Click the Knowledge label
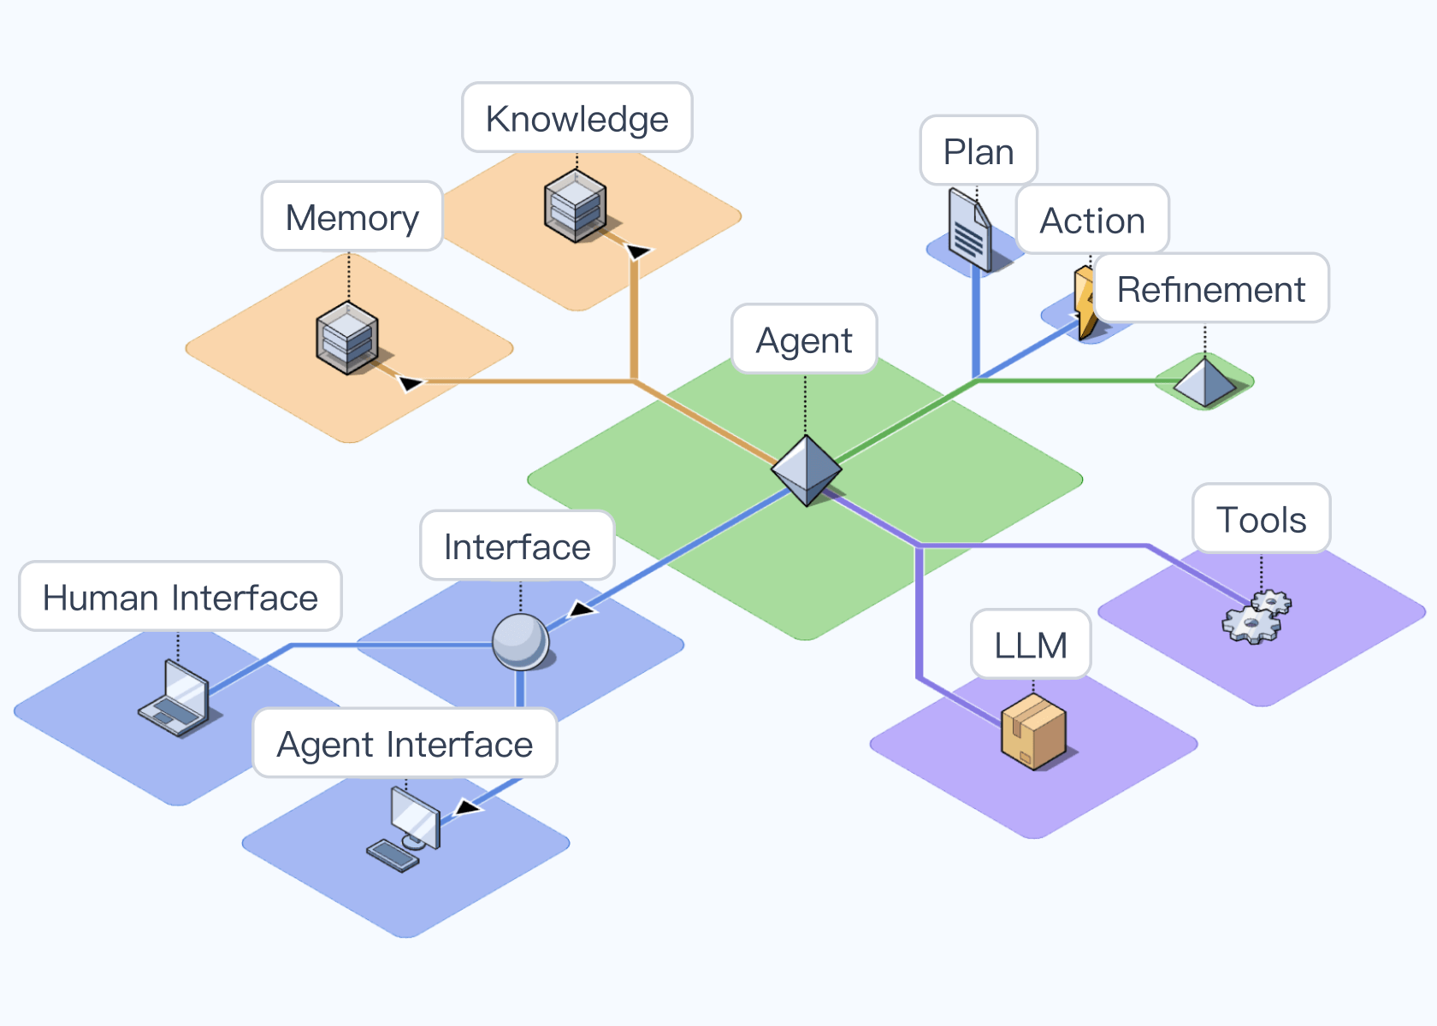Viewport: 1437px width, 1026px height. coord(577,118)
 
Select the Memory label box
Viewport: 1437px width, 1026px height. coord(352,216)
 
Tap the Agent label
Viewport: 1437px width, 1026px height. coord(804,339)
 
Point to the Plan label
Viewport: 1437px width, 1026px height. coord(979,151)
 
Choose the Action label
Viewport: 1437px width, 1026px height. coord(1092,220)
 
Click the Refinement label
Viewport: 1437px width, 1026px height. coord(1211,289)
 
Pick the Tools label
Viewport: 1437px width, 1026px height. coord(1262,519)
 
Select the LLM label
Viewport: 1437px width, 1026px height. coord(1031,644)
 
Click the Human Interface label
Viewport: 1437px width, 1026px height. coord(180,597)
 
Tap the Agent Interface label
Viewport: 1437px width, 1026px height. coord(405,744)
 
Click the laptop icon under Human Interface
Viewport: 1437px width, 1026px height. coord(176,699)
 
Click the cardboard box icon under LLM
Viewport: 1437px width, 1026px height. coord(1034,732)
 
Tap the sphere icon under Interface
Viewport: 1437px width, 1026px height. coord(520,641)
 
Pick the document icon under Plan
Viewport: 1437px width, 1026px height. coord(969,230)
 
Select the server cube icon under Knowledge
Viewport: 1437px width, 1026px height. coord(576,205)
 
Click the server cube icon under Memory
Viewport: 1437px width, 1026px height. coord(347,339)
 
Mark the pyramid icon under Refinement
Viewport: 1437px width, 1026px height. coord(1204,381)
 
